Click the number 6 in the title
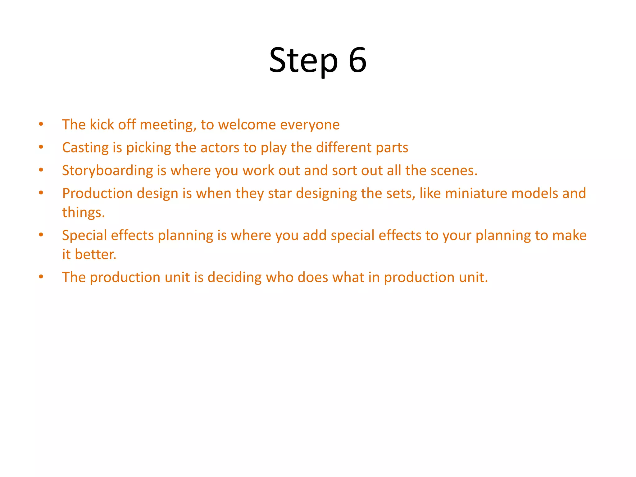click(x=357, y=60)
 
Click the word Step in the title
click(x=303, y=61)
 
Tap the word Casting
click(x=85, y=148)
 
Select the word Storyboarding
click(x=107, y=171)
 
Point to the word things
click(x=83, y=213)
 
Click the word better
click(x=96, y=254)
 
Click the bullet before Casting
click(x=41, y=147)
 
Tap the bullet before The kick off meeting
click(x=41, y=124)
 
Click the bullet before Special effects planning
click(x=41, y=235)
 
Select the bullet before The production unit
click(x=41, y=277)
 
